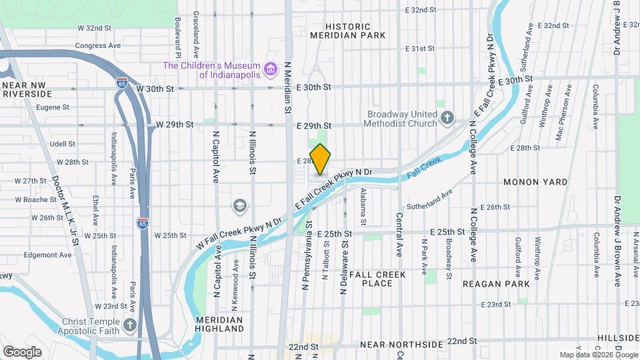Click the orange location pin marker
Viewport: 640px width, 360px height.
click(x=321, y=159)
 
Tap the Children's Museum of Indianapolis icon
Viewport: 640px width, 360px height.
click(x=270, y=69)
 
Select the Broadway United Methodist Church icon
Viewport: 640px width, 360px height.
click(x=447, y=119)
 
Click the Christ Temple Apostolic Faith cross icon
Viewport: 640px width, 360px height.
click(x=130, y=326)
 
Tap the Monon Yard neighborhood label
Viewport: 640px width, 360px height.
click(x=535, y=182)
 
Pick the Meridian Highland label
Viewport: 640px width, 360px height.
click(x=220, y=324)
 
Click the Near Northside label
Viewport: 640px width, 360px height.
click(x=401, y=345)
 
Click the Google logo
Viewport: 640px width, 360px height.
click(x=22, y=351)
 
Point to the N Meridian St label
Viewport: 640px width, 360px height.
click(x=289, y=87)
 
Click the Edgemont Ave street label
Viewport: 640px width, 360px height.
click(x=47, y=255)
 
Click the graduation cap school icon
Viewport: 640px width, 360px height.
click(x=239, y=206)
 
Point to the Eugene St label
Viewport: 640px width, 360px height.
click(x=53, y=107)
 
